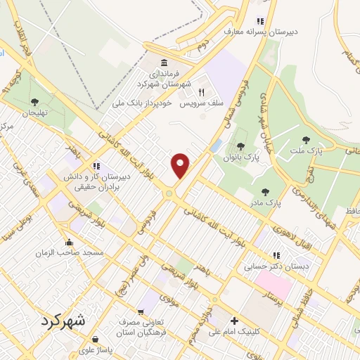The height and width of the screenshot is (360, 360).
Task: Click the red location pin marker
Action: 181,166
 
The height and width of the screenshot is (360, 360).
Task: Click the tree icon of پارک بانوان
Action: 241,146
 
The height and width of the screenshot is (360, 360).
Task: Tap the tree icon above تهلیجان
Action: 34,103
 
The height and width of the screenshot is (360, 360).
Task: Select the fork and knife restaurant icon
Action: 201,91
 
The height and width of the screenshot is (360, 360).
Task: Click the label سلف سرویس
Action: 200,103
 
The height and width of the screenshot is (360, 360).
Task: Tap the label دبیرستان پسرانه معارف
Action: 257,31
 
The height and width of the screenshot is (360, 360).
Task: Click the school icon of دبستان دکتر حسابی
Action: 276,255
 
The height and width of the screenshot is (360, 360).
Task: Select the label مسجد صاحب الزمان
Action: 74,252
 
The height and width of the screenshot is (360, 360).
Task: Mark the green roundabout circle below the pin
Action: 169,193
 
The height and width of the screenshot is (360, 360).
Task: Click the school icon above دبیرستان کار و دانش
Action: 96,167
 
